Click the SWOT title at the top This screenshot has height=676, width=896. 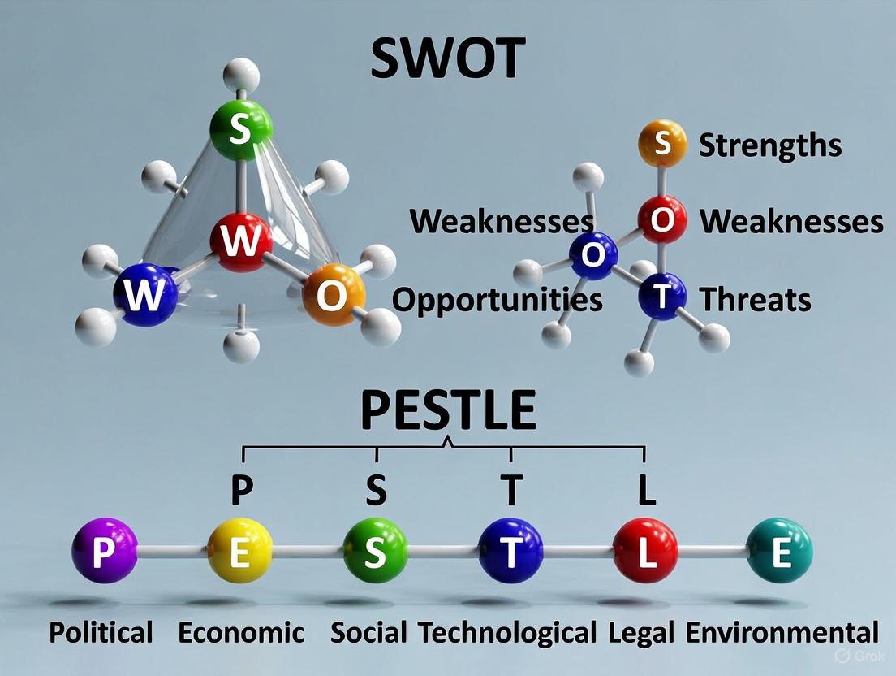click(448, 58)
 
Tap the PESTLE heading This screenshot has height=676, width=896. click(448, 411)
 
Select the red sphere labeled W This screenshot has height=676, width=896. click(241, 240)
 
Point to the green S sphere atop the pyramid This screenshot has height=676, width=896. click(240, 129)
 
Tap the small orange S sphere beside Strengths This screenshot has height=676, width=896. click(662, 144)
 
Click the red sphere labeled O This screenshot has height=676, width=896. click(662, 220)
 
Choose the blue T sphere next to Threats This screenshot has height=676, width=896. click(662, 297)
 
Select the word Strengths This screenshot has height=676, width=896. click(769, 145)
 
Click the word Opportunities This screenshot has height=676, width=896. click(498, 300)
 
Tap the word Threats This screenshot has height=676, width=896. click(755, 300)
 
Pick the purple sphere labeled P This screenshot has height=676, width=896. click(104, 551)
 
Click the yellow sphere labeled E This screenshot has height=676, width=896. click(239, 551)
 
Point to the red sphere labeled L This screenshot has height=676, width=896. click(645, 551)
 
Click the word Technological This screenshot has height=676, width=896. click(507, 633)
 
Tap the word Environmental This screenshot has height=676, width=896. click(782, 633)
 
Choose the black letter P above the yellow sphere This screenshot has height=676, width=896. click(242, 490)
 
